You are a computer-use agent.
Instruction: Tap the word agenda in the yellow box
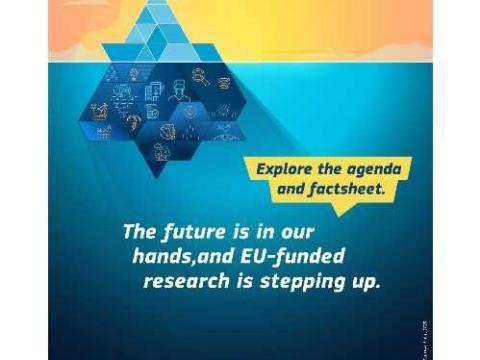(378, 167)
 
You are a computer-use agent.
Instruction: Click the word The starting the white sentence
(137, 232)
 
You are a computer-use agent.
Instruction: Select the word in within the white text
(256, 232)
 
